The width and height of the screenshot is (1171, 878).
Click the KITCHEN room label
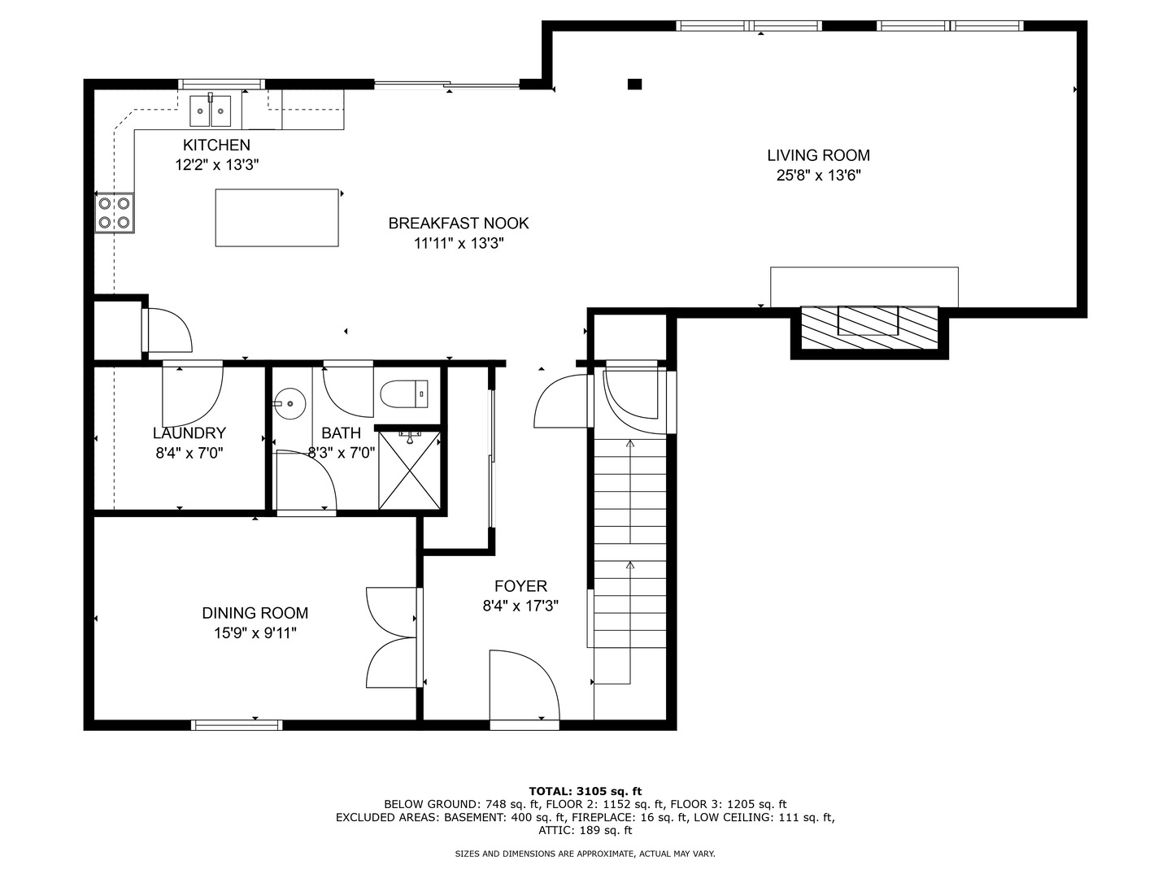(x=216, y=145)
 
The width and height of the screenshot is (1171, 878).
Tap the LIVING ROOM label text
(x=818, y=155)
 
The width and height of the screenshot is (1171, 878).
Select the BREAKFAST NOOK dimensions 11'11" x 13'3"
(x=459, y=244)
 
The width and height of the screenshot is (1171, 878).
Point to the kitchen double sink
(x=211, y=111)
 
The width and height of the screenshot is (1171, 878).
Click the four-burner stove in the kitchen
(x=115, y=213)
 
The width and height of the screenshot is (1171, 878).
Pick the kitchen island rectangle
(x=276, y=218)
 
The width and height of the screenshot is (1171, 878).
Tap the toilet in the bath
(x=404, y=394)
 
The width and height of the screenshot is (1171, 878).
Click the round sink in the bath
(x=289, y=403)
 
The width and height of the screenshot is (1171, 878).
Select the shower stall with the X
(x=409, y=470)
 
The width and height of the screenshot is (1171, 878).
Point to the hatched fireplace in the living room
(x=869, y=328)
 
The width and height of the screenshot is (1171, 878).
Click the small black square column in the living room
(x=634, y=85)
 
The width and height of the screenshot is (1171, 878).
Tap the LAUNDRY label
(x=189, y=432)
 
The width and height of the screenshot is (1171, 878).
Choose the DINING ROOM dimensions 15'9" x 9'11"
(x=255, y=633)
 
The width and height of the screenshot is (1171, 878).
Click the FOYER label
(x=520, y=586)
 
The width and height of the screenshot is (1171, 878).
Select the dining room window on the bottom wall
(x=237, y=724)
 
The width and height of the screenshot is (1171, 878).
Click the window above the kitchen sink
(x=221, y=84)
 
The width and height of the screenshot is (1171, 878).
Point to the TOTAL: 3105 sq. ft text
(x=585, y=791)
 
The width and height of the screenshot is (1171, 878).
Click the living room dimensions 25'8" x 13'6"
(x=818, y=176)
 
